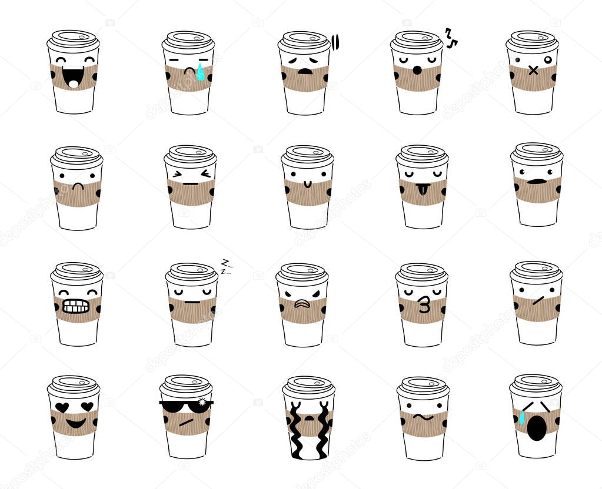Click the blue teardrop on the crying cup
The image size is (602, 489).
(x=201, y=73)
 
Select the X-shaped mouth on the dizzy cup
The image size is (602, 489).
(x=533, y=71)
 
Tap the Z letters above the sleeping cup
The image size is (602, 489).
(x=224, y=266)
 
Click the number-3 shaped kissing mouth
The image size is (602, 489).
(x=423, y=305)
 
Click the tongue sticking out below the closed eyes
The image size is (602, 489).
(x=421, y=189)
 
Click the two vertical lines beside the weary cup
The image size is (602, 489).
(x=335, y=41)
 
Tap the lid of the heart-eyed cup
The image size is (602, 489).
(x=74, y=386)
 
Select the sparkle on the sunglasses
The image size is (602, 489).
(x=205, y=401)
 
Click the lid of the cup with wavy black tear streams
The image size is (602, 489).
(x=308, y=387)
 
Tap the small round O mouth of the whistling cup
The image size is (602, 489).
(x=417, y=71)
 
